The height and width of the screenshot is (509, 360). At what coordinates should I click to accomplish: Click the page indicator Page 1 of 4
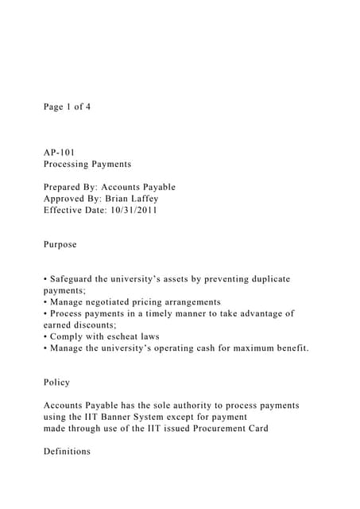pos(68,107)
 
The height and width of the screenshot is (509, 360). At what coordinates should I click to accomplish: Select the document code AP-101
pos(60,152)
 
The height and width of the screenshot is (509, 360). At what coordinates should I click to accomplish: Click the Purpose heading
pos(60,244)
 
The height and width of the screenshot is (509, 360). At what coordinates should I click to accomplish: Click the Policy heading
pos(57,383)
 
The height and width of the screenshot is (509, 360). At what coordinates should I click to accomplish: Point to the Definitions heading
pos(68,452)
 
